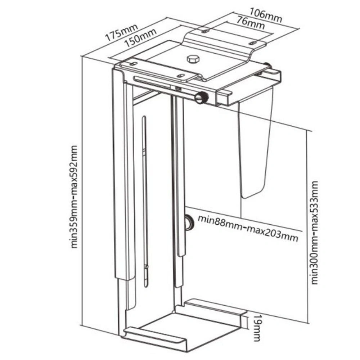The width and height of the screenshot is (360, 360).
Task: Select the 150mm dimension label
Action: point(141,39)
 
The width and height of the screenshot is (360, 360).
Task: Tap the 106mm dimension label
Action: point(266,14)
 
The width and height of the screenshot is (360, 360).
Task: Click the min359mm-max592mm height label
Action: point(74,197)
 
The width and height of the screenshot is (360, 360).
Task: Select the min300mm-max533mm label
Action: point(314,233)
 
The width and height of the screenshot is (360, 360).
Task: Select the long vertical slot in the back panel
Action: point(145,202)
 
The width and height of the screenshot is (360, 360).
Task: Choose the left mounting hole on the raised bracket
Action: point(205,31)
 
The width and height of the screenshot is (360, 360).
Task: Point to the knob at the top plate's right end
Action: point(268,66)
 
